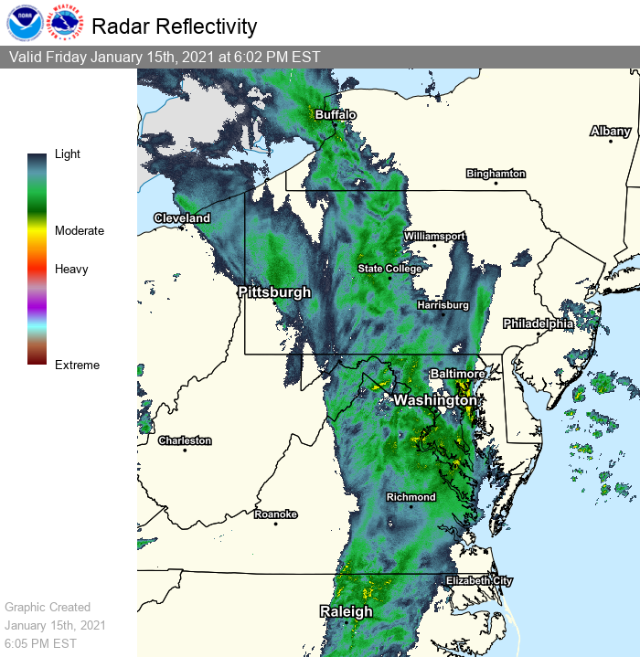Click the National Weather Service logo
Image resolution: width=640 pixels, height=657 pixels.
coord(64,25)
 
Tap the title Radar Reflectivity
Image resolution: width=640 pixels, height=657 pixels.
coord(174,26)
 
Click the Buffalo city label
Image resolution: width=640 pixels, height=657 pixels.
coord(335,115)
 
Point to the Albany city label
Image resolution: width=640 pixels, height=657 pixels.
coord(610,132)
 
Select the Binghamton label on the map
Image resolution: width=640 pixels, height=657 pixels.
coord(496,173)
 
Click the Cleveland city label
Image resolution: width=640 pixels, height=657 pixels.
coord(182,218)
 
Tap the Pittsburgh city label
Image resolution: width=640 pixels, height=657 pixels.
coord(274,292)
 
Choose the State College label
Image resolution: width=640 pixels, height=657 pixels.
coord(389,269)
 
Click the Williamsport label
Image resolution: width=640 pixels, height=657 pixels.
coord(434,236)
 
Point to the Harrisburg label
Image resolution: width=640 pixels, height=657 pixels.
coord(443,304)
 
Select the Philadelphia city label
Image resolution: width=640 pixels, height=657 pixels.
coord(538,323)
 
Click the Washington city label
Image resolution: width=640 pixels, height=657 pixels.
coord(434,400)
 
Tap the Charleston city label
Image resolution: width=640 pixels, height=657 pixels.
coord(185,440)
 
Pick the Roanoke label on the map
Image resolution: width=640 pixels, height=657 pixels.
coord(275,514)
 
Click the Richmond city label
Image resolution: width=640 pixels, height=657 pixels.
coord(411,497)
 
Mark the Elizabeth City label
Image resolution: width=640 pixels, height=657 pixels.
coord(479,581)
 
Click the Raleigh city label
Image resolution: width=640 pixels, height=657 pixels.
coord(346,611)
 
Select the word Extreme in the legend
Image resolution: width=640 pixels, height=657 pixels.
coord(77,366)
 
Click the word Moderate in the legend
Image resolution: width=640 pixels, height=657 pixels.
coord(80,231)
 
